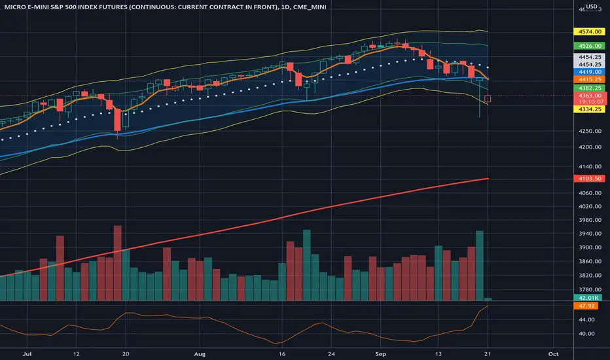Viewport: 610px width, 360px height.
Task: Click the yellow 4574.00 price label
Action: tap(589, 31)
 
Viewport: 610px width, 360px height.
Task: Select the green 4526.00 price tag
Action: tap(589, 46)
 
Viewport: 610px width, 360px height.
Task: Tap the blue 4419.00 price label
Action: tap(589, 72)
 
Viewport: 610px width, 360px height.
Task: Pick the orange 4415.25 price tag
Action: tap(589, 79)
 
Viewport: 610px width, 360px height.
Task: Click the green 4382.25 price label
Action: tap(589, 88)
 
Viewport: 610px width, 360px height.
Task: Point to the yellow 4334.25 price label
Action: tap(589, 109)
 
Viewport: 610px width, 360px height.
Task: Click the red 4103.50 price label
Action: tap(589, 179)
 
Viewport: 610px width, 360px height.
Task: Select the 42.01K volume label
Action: tap(588, 298)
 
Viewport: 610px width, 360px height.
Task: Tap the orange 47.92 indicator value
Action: tap(586, 306)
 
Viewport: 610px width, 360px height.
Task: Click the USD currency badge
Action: tap(592, 7)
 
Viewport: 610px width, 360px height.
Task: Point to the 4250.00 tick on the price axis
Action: tap(590, 131)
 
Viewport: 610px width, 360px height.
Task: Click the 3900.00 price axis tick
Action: tap(590, 247)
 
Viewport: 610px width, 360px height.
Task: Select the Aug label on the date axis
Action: tap(200, 353)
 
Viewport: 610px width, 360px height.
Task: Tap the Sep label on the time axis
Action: tap(380, 353)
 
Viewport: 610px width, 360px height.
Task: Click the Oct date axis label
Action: tap(553, 353)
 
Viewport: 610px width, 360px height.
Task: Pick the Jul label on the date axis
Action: tap(27, 353)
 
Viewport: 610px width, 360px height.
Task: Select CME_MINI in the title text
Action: tap(310, 7)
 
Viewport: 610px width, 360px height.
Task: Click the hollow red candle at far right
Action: tap(488, 99)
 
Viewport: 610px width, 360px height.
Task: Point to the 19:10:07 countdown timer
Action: tap(591, 102)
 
